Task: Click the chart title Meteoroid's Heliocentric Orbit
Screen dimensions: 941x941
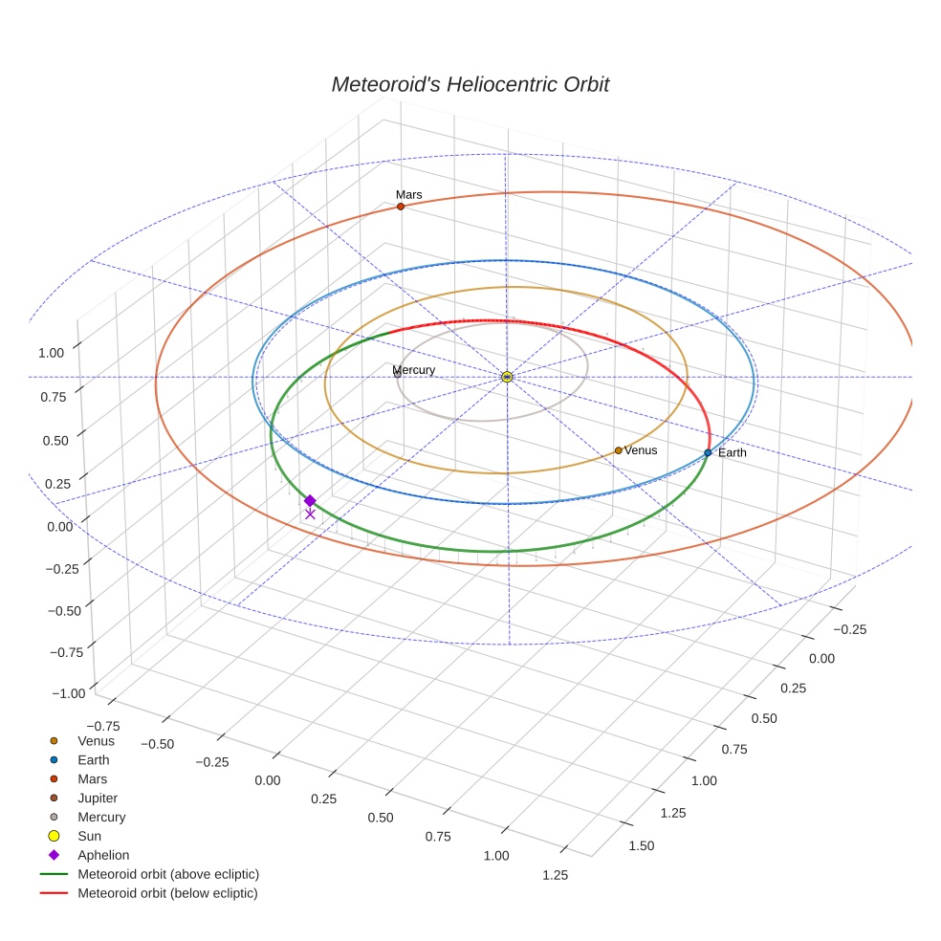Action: pyautogui.click(x=470, y=84)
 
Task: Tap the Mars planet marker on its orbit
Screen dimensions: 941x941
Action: pyautogui.click(x=401, y=207)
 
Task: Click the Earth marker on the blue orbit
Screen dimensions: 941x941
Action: pyautogui.click(x=708, y=452)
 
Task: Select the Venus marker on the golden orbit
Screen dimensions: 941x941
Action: pyautogui.click(x=619, y=449)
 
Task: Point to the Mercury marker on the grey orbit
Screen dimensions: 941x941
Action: pyautogui.click(x=398, y=374)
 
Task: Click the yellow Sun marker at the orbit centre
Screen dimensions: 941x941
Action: pyautogui.click(x=507, y=378)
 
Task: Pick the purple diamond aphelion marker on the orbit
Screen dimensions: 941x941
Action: pyautogui.click(x=310, y=500)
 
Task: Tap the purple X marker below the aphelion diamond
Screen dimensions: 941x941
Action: pyautogui.click(x=310, y=514)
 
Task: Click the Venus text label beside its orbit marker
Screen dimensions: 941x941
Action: pyautogui.click(x=641, y=449)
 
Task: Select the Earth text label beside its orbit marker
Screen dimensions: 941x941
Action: pyautogui.click(x=733, y=452)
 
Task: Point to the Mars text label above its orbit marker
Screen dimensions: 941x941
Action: pyautogui.click(x=409, y=194)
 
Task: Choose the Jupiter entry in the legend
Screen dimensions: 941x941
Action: pyautogui.click(x=98, y=798)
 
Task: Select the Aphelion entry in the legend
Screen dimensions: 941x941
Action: pyautogui.click(x=103, y=855)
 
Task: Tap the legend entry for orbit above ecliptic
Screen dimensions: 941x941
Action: pyautogui.click(x=168, y=874)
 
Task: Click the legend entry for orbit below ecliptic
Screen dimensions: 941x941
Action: pyautogui.click(x=167, y=893)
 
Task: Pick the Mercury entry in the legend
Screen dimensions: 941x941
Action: pyautogui.click(x=101, y=817)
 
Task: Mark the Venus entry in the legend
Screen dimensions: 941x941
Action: pyautogui.click(x=96, y=740)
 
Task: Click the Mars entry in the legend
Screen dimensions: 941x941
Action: pyautogui.click(x=92, y=778)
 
